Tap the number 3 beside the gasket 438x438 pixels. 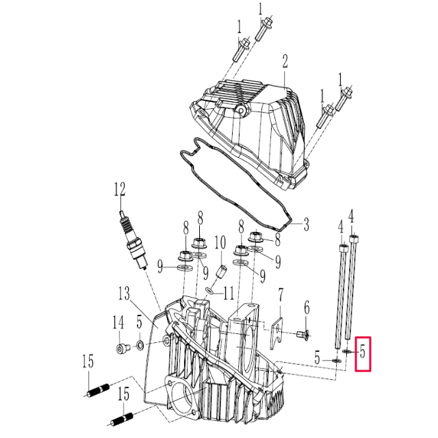pos(306,223)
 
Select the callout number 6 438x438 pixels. pos(307,307)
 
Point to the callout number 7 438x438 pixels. pos(281,295)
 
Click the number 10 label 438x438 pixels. pos(220,242)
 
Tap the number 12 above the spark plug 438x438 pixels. pos(120,189)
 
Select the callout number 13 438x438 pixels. pos(124,294)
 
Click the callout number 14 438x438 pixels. pos(118,321)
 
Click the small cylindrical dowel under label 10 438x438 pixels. pos(222,271)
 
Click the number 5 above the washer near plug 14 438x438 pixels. pos(139,321)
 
